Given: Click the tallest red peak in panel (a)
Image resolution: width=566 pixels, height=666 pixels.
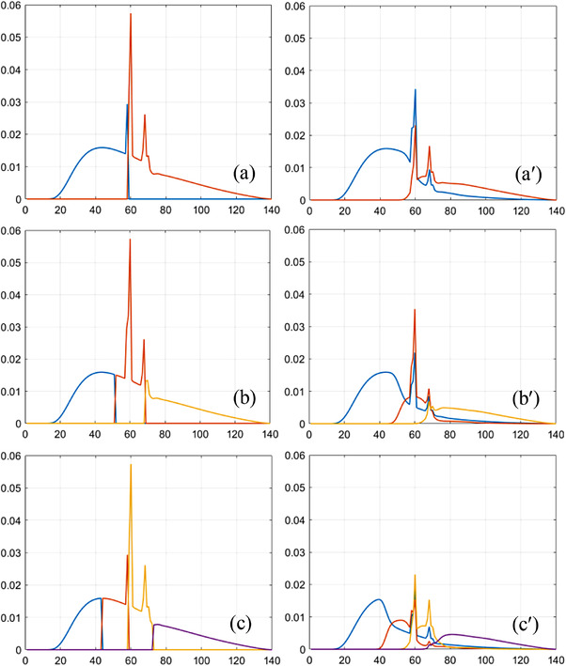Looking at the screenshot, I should click(x=131, y=15).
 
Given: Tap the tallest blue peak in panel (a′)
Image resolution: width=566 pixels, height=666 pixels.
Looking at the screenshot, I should click(x=416, y=90).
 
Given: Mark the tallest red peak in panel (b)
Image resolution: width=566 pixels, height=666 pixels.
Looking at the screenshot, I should click(x=131, y=240).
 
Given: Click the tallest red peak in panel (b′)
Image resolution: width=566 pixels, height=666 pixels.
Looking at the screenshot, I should click(x=415, y=310).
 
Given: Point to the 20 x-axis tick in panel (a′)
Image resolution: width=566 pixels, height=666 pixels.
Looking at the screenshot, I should click(x=344, y=210).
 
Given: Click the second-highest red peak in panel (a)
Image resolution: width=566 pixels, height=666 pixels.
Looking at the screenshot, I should click(x=145, y=116).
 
